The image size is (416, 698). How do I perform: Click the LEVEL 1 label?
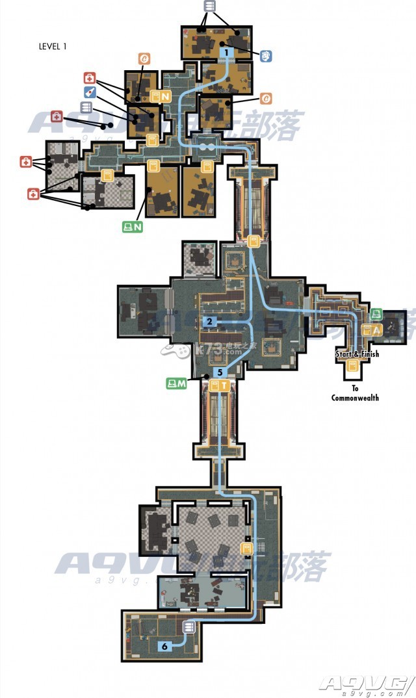pos(53,46)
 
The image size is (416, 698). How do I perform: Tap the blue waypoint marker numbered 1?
pos(226,51)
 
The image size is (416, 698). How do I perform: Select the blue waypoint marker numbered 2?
pos(209,321)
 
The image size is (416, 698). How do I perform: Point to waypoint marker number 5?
pos(220,372)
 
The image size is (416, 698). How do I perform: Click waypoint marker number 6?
pos(165,646)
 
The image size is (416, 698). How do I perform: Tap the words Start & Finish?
pos(357,354)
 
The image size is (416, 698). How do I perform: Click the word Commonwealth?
pos(355,398)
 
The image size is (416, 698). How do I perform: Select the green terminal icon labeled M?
pos(176,383)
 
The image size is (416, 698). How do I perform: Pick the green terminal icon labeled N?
pos(133,227)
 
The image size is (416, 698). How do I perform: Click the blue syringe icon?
pos(90,92)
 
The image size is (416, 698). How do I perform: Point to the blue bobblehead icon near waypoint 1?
pos(266,57)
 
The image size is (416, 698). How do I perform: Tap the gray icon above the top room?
pos(209,6)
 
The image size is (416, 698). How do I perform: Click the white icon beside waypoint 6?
pos(189,627)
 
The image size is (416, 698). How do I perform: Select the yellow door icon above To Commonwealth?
pos(353,367)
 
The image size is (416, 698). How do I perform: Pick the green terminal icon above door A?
pos(376,314)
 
